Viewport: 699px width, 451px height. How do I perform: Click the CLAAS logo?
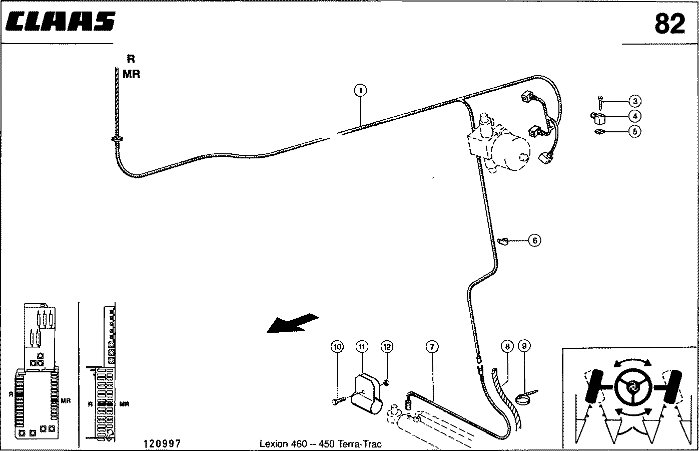pos(61,21)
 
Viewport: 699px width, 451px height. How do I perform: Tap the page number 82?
pos(669,24)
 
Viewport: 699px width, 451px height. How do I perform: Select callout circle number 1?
pos(360,91)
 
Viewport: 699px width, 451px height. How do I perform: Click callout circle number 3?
pos(635,101)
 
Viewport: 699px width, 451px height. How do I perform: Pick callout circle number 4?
pos(635,116)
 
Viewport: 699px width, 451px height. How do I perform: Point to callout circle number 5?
pos(635,131)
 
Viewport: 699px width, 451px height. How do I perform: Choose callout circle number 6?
pos(534,241)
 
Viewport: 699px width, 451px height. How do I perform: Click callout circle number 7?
pos(432,347)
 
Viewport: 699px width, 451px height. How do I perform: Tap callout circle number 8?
pos(507,346)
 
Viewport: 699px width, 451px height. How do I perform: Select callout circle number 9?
pos(524,346)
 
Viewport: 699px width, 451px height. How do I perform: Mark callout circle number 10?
pos(337,347)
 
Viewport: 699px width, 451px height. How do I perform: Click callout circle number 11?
pos(362,347)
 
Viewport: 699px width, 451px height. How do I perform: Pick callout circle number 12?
pos(387,347)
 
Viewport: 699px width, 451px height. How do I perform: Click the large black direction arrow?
pos(293,323)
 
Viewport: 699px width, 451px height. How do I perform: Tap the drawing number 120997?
pos(162,443)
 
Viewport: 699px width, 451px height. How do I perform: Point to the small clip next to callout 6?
pos(503,241)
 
